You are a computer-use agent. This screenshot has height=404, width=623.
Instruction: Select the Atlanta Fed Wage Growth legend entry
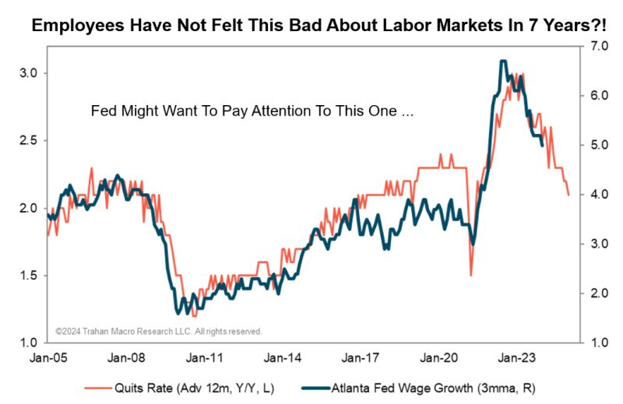pyautogui.click(x=420, y=386)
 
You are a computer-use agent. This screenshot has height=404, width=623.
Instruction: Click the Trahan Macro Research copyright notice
pyautogui.click(x=159, y=331)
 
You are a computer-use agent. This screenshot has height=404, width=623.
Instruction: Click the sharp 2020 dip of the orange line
pyautogui.click(x=471, y=275)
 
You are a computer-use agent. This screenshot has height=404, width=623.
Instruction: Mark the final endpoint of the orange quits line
pyautogui.click(x=568, y=195)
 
